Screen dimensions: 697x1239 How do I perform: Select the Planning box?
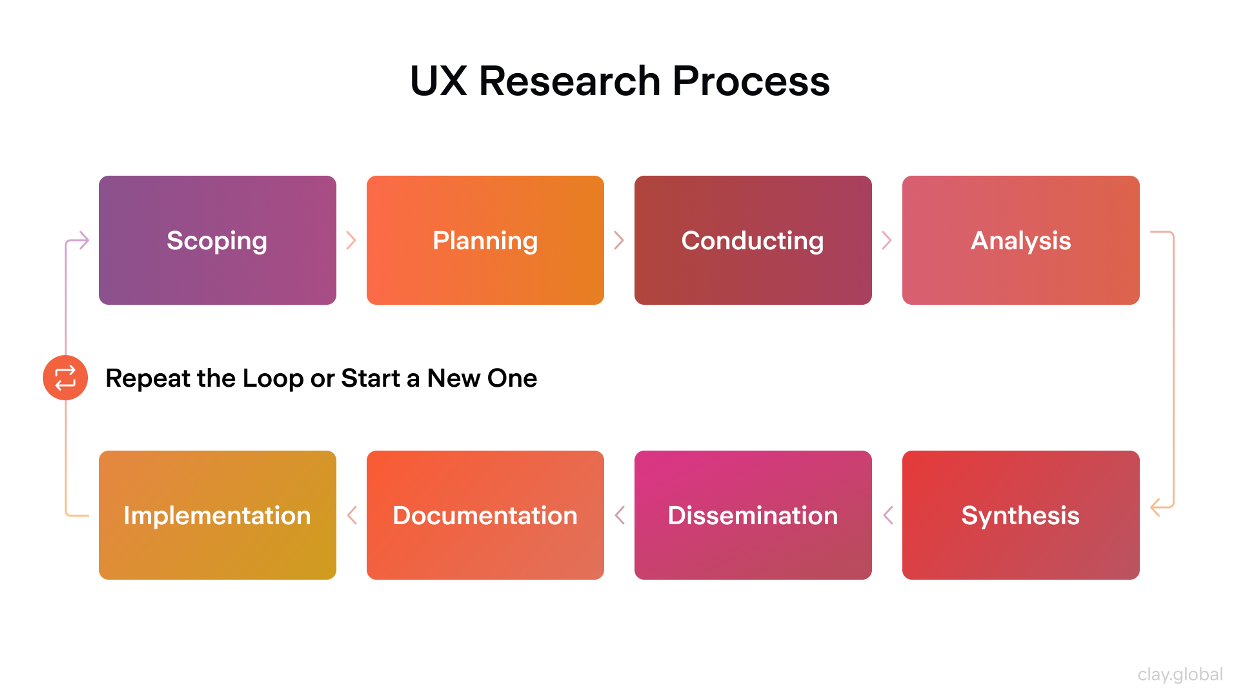485,240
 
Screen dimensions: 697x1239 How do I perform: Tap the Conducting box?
753,240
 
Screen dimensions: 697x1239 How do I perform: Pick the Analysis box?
1021,240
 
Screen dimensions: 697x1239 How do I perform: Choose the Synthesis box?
1021,515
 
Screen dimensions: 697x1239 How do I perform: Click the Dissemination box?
753,515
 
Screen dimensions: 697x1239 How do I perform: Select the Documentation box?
485,515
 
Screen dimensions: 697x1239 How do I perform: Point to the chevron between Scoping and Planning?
352,240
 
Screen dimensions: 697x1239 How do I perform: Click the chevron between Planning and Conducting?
619,240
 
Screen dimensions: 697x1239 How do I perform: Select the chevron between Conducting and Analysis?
887,240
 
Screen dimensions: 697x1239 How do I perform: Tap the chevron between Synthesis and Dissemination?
888,515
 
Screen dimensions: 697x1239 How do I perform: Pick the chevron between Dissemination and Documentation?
620,515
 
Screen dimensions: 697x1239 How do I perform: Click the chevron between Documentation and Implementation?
352,515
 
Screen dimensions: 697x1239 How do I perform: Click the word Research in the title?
569,81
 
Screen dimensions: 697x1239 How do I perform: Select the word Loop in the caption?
273,379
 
